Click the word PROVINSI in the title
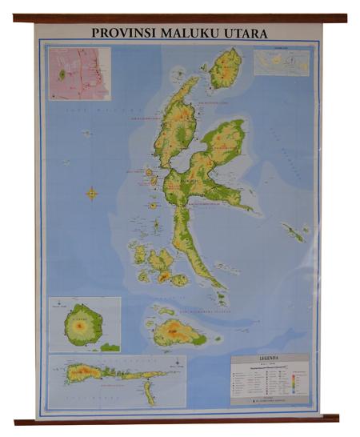119,34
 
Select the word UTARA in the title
244,34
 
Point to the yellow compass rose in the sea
92,193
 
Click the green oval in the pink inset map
61,74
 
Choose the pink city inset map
77,73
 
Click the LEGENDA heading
270,359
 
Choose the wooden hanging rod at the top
180,18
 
